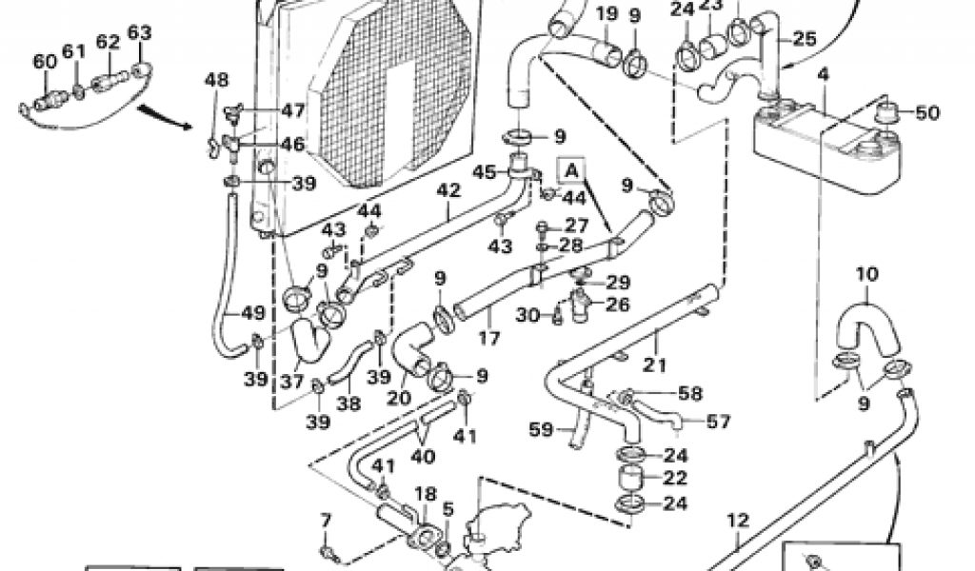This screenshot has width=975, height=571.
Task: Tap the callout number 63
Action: [x=139, y=34]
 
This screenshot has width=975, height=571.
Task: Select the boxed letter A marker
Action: [x=572, y=170]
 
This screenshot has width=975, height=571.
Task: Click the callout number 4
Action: [x=823, y=73]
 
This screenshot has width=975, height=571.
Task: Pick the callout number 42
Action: [x=448, y=190]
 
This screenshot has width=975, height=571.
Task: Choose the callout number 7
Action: [x=327, y=520]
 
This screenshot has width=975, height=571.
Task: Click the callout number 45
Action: [x=486, y=172]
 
